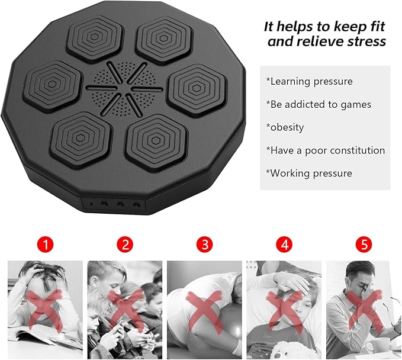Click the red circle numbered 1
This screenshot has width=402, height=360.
point(46,245)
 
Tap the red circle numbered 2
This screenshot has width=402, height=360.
point(125,245)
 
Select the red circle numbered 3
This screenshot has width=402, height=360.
point(205,245)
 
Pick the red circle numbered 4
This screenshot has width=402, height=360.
point(284,245)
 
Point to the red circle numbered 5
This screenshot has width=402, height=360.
point(364,245)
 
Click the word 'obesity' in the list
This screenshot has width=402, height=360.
point(287,127)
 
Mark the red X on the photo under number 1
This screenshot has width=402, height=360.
point(44,310)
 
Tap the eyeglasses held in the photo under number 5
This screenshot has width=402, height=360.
point(389,311)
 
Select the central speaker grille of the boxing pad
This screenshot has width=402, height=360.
point(124,89)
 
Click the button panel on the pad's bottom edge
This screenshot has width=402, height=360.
point(114,204)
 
